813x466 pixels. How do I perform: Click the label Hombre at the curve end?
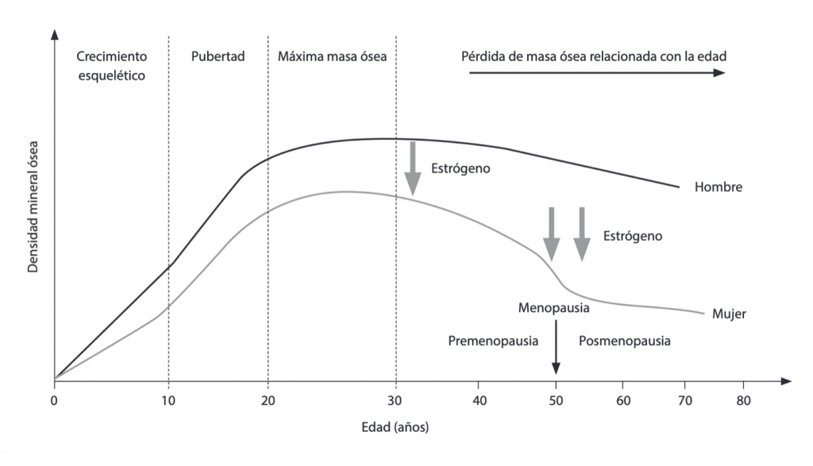point(718,188)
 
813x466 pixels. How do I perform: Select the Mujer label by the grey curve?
point(729,313)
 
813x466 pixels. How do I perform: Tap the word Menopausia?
point(553,307)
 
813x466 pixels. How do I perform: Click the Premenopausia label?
point(493,341)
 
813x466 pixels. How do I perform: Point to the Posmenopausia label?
point(624,341)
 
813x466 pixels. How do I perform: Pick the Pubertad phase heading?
point(218,57)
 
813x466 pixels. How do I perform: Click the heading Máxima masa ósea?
point(332,57)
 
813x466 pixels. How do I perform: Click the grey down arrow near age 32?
point(412,167)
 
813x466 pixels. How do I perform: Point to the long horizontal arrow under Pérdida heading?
point(596,72)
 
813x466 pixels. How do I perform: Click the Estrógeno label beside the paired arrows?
point(632,236)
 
